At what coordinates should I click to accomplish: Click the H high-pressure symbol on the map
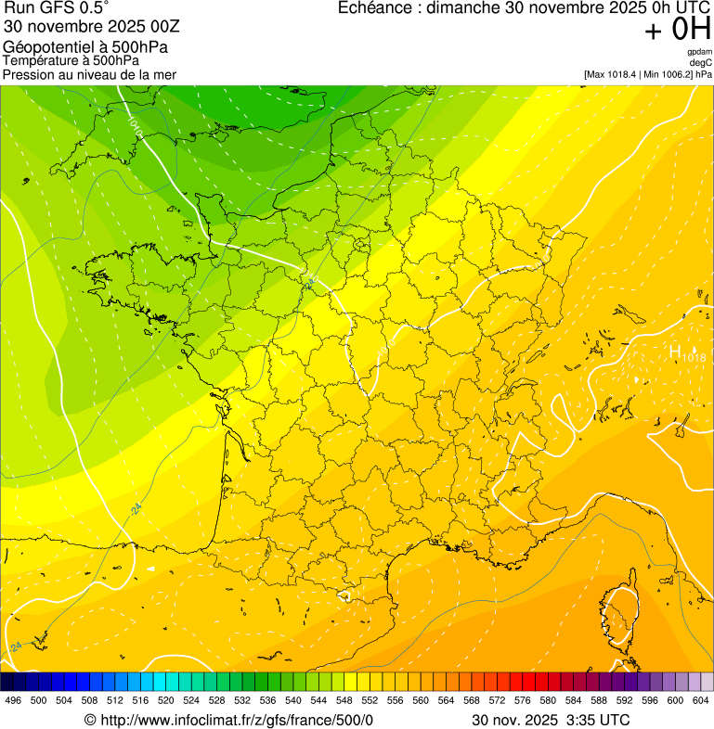675,352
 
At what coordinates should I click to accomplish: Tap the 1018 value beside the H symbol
694,357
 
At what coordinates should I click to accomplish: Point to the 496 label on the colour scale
13,700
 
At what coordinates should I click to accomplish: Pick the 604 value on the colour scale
701,700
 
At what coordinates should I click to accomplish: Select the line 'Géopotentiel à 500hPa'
85,47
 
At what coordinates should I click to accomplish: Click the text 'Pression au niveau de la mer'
89,74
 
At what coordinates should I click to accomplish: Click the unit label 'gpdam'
699,52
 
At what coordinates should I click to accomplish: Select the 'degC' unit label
701,63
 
